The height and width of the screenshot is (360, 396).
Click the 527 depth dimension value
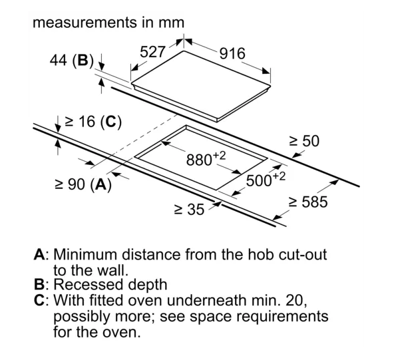point(152,52)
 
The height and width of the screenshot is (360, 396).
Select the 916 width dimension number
point(232,54)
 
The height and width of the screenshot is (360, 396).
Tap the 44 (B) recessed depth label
point(72,61)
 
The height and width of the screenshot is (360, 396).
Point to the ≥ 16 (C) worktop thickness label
point(93,122)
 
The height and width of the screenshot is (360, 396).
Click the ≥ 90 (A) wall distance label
point(83,184)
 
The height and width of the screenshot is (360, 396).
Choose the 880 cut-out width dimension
point(206,159)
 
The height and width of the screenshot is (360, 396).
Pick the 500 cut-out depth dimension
point(266,179)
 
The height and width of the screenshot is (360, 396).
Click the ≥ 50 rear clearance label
point(304,141)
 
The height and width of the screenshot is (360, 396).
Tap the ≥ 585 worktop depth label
point(308,202)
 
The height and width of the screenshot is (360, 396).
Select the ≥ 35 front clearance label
point(190,210)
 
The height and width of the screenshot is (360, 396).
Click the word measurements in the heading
point(85,23)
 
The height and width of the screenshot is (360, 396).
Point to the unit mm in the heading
point(172,23)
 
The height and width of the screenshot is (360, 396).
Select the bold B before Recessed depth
point(39,285)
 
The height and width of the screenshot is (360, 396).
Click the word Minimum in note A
point(85,254)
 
